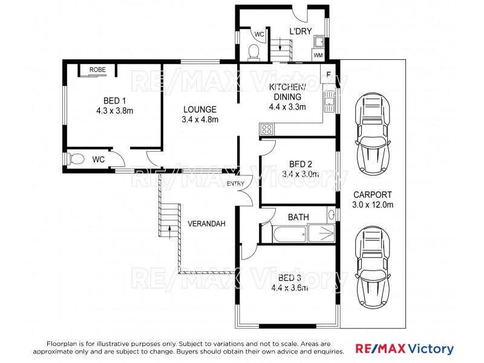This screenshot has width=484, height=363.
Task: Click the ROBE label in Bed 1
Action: [x=97, y=70]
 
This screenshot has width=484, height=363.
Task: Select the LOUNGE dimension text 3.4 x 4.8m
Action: [x=200, y=120]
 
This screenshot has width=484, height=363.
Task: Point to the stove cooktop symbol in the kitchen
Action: [x=266, y=129]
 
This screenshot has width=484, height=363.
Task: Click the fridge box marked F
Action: [x=328, y=75]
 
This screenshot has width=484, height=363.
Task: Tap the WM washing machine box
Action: [x=318, y=55]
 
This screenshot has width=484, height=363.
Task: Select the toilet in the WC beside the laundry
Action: [x=255, y=53]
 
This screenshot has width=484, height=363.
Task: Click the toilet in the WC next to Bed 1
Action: [x=75, y=159]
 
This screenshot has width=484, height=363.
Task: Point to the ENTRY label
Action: [x=235, y=184]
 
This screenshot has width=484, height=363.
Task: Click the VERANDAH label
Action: [x=206, y=224]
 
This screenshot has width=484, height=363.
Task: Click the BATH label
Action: [x=298, y=216]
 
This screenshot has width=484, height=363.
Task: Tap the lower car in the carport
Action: [x=372, y=267]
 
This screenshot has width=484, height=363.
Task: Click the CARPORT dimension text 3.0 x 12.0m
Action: [x=373, y=204]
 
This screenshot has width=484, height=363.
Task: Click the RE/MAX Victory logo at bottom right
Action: [x=404, y=349]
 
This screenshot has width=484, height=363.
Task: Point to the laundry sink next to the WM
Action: [x=319, y=42]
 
